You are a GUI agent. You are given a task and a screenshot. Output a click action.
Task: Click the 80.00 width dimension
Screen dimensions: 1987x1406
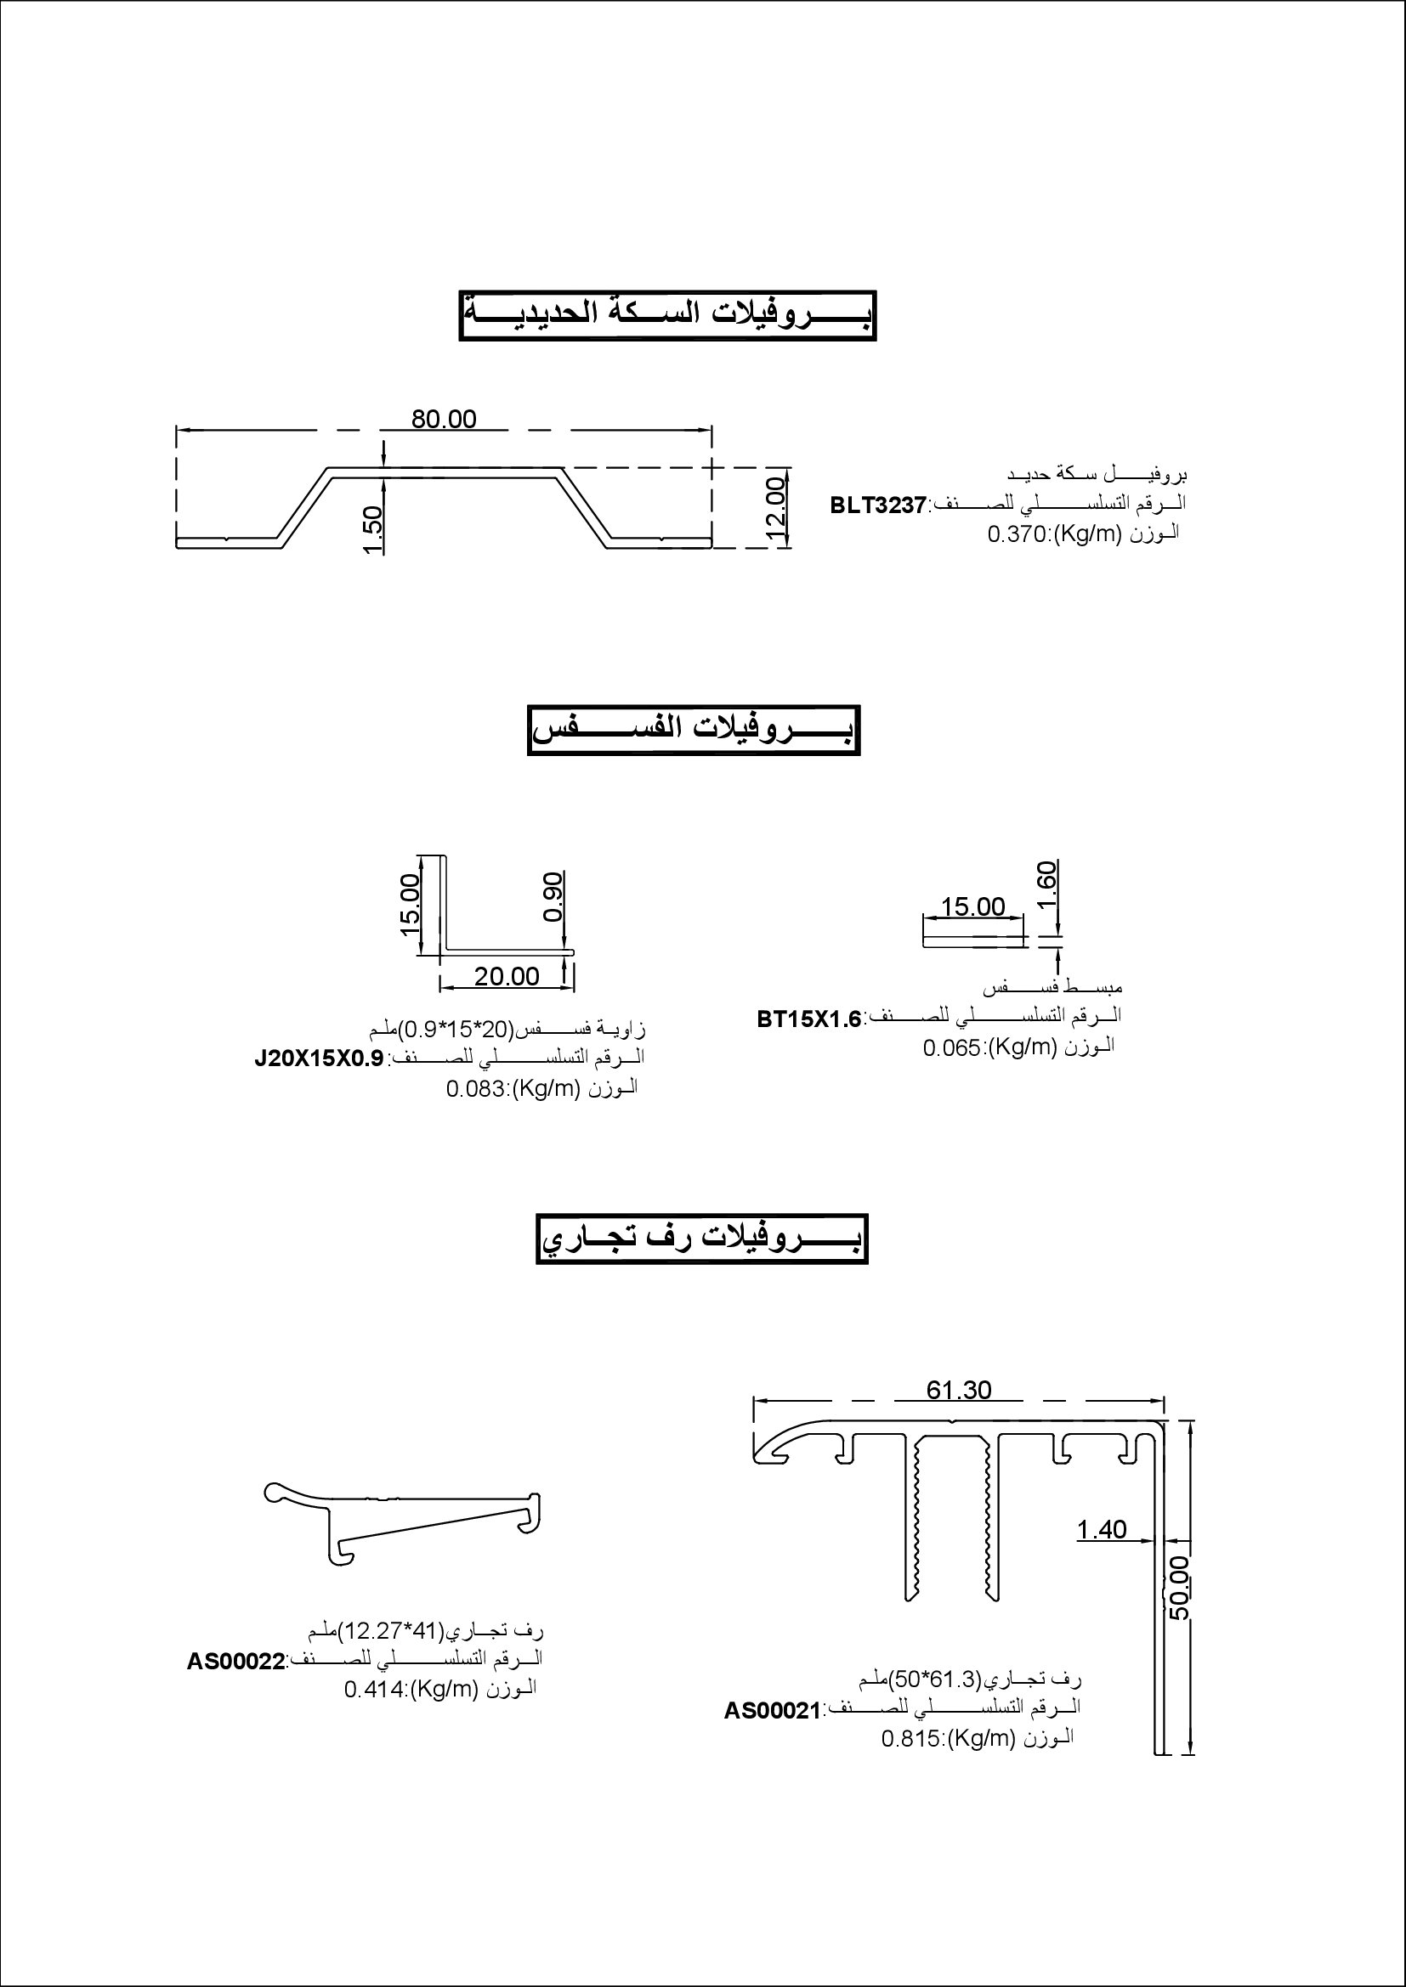coord(443,419)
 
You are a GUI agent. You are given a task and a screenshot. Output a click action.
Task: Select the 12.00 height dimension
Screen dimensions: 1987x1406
coord(776,510)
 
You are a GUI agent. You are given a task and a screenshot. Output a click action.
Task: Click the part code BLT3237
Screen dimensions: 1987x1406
coord(878,505)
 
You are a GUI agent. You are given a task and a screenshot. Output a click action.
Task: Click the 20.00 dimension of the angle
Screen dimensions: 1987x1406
coord(507,976)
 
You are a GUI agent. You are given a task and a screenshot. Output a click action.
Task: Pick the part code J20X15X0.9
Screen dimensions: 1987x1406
coord(319,1059)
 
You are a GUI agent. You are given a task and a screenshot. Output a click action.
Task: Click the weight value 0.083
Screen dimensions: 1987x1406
coord(476,1089)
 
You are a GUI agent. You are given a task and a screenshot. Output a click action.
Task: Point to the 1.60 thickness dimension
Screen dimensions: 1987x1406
coord(1046,883)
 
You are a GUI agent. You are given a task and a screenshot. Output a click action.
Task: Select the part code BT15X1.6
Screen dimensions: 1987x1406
coord(809,1019)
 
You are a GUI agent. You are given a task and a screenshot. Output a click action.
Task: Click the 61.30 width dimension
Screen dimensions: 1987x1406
coord(958,1390)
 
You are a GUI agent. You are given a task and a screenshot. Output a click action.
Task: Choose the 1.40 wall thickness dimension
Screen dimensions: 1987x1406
coord(1101,1530)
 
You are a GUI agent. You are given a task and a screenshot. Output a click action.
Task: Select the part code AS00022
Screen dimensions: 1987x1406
coord(235,1662)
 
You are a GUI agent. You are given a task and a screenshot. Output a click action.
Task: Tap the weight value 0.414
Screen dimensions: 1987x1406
coord(375,1690)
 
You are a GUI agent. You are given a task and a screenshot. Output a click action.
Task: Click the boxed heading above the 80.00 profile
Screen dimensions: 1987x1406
coord(667,315)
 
